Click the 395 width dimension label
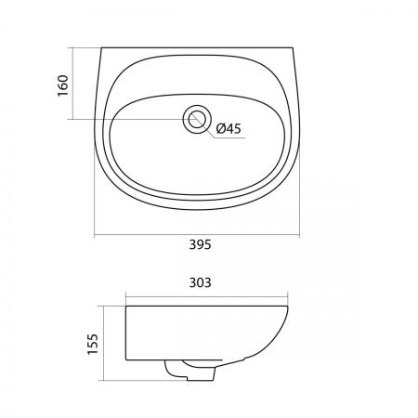click(x=200, y=244)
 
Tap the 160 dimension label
click(x=62, y=85)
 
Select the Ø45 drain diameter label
click(x=229, y=128)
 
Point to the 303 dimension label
click(x=200, y=282)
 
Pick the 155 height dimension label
click(x=93, y=344)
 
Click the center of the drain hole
click(x=197, y=119)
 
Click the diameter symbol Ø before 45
click(x=220, y=128)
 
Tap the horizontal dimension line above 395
click(x=197, y=235)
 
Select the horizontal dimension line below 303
click(x=207, y=296)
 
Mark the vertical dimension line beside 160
click(x=72, y=84)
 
